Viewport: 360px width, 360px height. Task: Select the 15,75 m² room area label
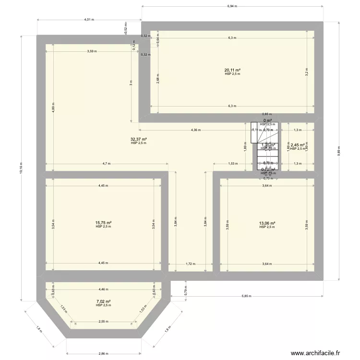pyautogui.click(x=103, y=223)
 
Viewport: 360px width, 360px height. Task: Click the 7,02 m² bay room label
pyautogui.click(x=103, y=301)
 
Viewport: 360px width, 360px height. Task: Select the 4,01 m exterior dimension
pyautogui.click(x=89, y=20)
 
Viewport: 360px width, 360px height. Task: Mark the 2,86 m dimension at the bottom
pyautogui.click(x=103, y=354)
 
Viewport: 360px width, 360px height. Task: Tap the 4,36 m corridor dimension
pyautogui.click(x=195, y=130)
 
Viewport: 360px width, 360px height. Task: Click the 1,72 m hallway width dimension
pyautogui.click(x=190, y=264)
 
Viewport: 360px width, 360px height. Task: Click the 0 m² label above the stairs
pyautogui.click(x=267, y=120)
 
